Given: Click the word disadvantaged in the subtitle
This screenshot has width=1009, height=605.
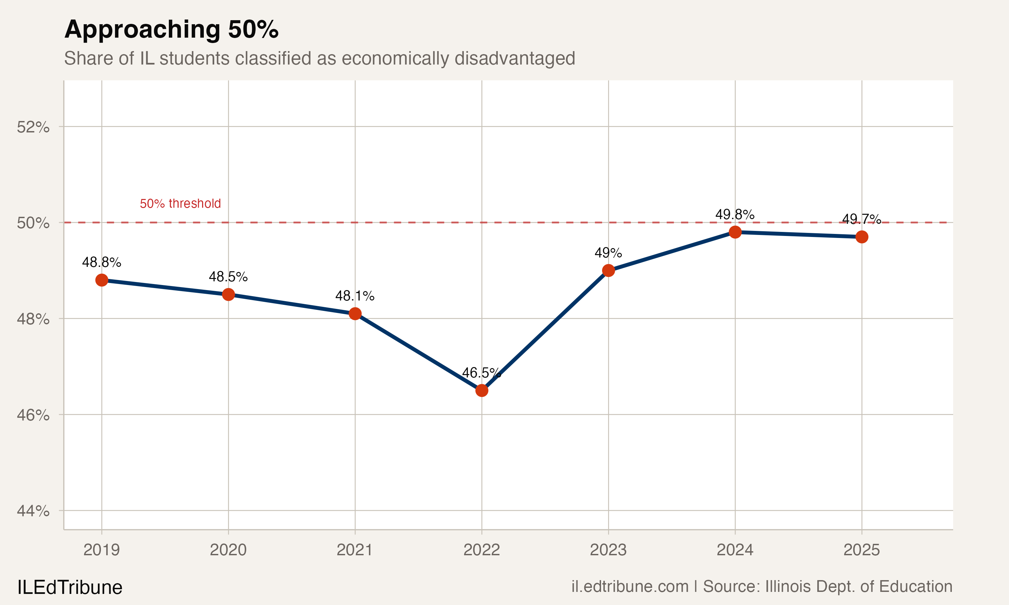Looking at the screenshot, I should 515,58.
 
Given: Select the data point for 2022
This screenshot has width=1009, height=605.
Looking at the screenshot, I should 482,391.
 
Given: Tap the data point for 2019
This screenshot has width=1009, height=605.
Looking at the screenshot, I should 102,280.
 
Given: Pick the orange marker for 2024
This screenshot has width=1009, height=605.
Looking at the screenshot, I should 735,232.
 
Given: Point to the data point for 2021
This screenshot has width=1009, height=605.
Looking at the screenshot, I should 355,314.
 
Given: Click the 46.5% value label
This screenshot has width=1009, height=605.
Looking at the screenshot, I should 481,373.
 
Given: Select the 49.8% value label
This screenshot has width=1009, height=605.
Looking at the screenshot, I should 735,214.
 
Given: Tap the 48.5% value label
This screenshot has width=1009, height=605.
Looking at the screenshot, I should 228,277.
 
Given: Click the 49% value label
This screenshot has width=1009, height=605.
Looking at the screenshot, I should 608,253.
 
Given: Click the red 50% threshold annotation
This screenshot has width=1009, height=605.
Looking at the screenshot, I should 180,203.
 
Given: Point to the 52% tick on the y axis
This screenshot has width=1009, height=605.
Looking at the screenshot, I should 33,127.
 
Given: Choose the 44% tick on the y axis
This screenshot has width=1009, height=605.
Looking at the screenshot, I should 33,511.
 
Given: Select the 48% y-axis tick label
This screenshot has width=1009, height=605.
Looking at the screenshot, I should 33,319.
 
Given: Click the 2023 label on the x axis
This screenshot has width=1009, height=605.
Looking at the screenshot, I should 608,550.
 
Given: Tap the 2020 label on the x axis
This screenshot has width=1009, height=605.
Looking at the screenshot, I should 228,550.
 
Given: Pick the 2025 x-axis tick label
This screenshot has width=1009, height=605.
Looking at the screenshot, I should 861,550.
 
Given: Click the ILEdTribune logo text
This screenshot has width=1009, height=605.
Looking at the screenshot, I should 70,588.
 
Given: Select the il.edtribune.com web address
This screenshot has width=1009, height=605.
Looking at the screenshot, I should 630,587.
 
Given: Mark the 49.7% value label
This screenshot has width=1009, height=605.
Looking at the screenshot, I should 861,219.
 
